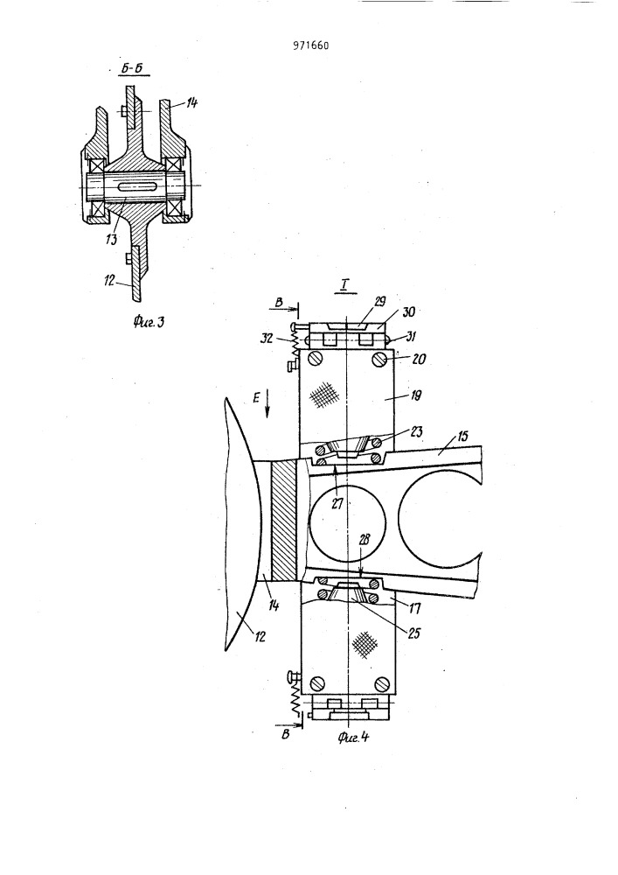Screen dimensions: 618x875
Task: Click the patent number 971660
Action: click(310, 45)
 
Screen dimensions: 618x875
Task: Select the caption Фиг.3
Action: click(149, 321)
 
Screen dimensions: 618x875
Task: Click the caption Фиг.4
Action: click(353, 737)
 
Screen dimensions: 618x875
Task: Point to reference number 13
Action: click(112, 240)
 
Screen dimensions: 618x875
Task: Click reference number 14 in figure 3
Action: click(191, 102)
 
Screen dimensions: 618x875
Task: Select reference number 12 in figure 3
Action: click(110, 280)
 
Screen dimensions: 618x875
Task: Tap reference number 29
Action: click(379, 302)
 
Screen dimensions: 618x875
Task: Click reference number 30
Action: click(408, 311)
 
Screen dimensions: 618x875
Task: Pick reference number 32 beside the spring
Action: click(267, 338)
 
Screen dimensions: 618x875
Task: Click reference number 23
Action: click(416, 431)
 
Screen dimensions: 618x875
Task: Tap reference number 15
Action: click(463, 435)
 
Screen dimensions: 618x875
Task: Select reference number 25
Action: click(414, 633)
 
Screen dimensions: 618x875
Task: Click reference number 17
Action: click(415, 607)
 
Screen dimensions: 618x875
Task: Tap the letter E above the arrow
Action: click(257, 398)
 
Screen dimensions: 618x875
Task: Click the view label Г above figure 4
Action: click(344, 286)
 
